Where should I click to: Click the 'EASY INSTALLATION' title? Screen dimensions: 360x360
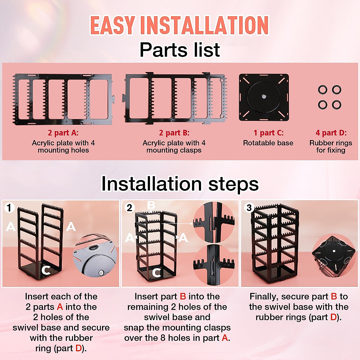click(x=179, y=25)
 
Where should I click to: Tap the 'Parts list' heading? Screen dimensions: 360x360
click(x=180, y=50)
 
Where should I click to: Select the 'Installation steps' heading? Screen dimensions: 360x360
click(x=180, y=184)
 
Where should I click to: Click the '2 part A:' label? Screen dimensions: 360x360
click(x=63, y=133)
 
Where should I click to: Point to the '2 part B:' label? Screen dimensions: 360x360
click(x=174, y=133)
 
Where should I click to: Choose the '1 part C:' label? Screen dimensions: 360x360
click(x=268, y=133)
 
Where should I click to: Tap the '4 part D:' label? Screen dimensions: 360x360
click(x=331, y=133)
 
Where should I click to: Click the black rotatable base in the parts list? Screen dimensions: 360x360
click(x=264, y=97)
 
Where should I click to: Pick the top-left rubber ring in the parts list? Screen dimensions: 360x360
click(x=323, y=89)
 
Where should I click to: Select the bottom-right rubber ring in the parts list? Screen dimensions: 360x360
click(x=337, y=105)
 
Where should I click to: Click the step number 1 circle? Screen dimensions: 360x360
click(x=9, y=208)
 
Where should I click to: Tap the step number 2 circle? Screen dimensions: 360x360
click(x=129, y=208)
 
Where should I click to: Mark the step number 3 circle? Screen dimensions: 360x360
click(x=249, y=208)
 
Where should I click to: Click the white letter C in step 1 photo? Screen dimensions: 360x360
click(x=46, y=270)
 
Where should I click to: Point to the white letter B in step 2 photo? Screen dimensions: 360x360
click(x=151, y=205)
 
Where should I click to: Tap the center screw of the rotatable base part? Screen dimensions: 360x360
click(x=263, y=97)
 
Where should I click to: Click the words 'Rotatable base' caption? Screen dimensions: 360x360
click(x=268, y=143)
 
